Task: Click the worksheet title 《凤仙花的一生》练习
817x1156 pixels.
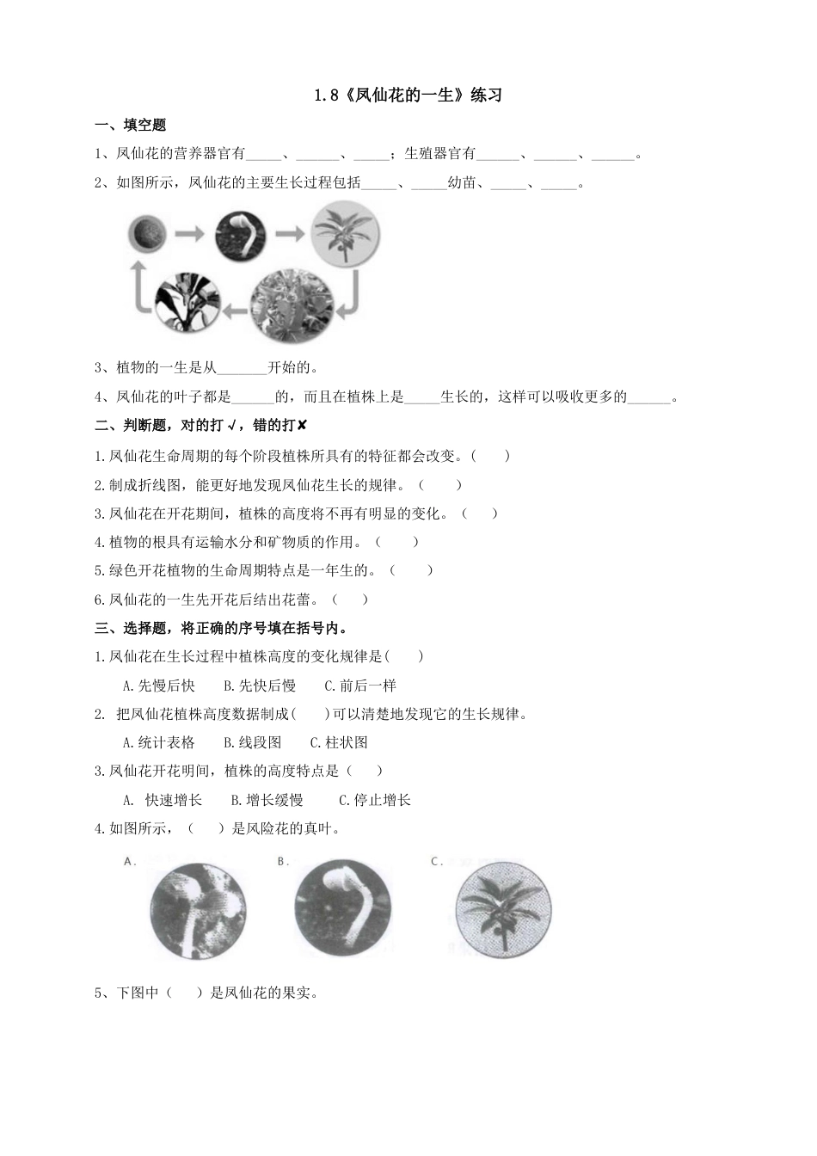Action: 408,95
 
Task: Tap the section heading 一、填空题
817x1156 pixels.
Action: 130,125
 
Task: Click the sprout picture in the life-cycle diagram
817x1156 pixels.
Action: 241,234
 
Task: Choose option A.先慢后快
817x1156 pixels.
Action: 159,686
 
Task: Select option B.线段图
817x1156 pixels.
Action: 253,742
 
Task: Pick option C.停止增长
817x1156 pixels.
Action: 375,800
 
